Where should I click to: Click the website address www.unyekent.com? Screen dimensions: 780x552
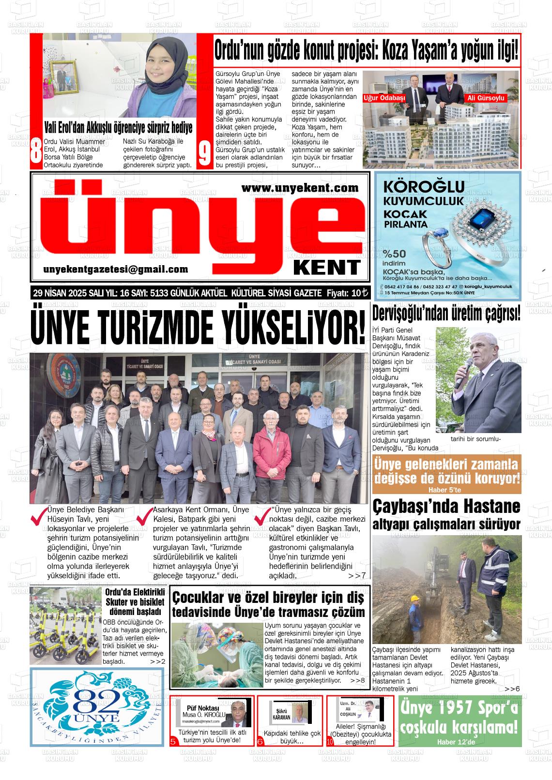click(x=300, y=187)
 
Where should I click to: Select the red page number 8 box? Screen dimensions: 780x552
click(x=35, y=152)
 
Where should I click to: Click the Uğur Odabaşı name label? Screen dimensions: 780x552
click(x=384, y=98)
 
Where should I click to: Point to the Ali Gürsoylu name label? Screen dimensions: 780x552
click(x=485, y=98)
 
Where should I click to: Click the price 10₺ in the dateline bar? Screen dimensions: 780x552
click(x=359, y=293)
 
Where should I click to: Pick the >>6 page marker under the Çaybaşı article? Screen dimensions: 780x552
click(x=512, y=689)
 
